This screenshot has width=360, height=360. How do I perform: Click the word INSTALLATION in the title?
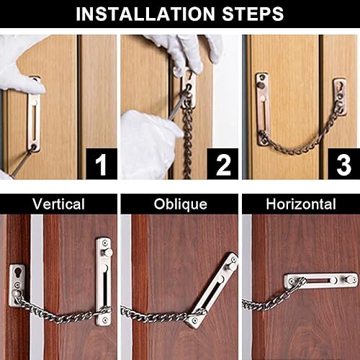pyautogui.click(x=145, y=14)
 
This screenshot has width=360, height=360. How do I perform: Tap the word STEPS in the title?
pyautogui.click(x=253, y=14)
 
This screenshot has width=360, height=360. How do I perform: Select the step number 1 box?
pyautogui.click(x=102, y=164)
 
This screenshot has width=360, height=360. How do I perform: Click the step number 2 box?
pyautogui.click(x=222, y=164)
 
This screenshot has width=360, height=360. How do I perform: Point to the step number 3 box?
pyautogui.click(x=344, y=164)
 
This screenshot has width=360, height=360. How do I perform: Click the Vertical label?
pyautogui.click(x=58, y=204)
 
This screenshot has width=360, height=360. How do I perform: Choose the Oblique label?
pyautogui.click(x=180, y=204)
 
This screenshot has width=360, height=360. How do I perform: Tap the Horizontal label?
pyautogui.click(x=301, y=204)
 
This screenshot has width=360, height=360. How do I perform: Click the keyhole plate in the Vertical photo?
pyautogui.click(x=17, y=286)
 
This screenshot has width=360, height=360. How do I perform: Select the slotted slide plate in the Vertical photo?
pyautogui.click(x=104, y=282)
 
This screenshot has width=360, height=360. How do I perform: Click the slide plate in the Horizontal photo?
pyautogui.click(x=320, y=280)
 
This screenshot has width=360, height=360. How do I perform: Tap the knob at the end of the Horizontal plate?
pyautogui.click(x=351, y=279)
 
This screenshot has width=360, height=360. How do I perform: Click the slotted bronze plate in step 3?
pyautogui.click(x=262, y=109)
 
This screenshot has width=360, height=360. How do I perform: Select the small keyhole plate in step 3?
pyautogui.click(x=340, y=96)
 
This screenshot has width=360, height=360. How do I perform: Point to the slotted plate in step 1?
pyautogui.click(x=34, y=114)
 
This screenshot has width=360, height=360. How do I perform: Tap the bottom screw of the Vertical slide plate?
pyautogui.click(x=104, y=320)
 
